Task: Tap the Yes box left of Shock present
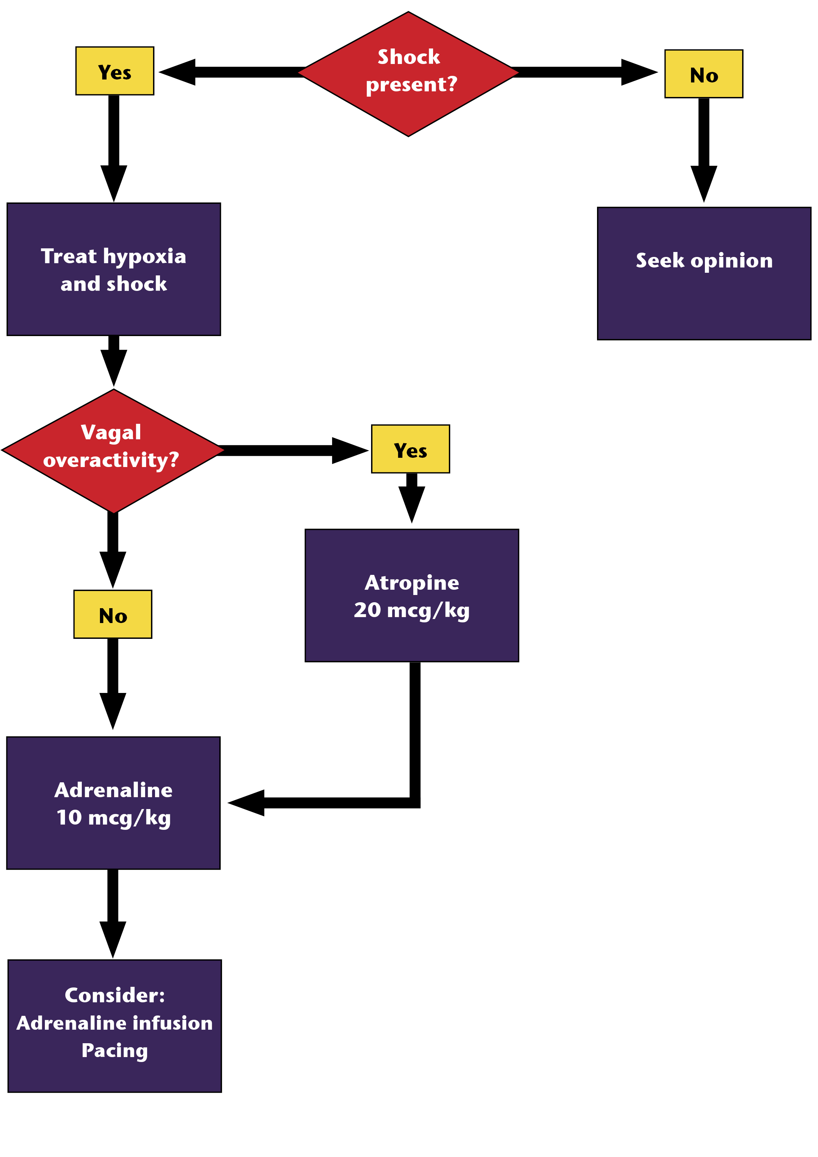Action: (115, 71)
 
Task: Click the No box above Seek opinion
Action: (704, 74)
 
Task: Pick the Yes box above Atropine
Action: (410, 449)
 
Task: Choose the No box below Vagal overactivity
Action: (113, 614)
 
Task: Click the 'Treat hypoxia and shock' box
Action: (114, 269)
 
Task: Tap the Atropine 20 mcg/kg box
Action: (412, 596)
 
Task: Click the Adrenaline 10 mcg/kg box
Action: (113, 803)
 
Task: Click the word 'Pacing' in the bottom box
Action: (115, 1051)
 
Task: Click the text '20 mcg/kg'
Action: (412, 610)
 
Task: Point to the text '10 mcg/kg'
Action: (113, 817)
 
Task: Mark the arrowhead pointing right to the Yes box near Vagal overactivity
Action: (349, 450)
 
